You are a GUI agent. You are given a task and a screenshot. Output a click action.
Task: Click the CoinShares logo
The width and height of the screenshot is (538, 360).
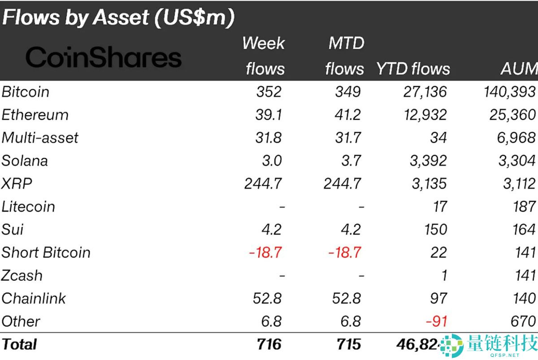pos(104,58)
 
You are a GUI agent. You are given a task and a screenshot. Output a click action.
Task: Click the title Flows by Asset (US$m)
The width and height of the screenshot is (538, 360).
pos(118,17)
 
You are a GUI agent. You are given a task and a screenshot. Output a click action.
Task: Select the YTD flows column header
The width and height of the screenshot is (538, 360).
pos(413,69)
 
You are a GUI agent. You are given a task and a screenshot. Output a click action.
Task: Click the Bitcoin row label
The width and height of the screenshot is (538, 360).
pos(26,92)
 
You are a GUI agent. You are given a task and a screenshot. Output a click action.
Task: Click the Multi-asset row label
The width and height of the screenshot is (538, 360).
pos(40,138)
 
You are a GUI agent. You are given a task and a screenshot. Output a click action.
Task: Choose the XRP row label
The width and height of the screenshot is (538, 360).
pos(17,183)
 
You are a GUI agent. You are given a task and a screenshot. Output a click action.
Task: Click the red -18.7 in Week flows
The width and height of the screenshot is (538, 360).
pos(265,252)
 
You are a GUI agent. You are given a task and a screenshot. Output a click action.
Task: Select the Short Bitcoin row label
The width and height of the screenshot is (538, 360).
pos(46,252)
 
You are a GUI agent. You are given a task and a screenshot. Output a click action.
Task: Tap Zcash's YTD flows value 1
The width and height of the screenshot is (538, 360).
pos(443,275)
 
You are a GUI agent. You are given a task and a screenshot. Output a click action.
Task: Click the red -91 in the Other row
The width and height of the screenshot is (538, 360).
pos(435,321)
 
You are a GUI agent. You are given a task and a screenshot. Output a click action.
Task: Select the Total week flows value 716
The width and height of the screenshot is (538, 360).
pos(269,344)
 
